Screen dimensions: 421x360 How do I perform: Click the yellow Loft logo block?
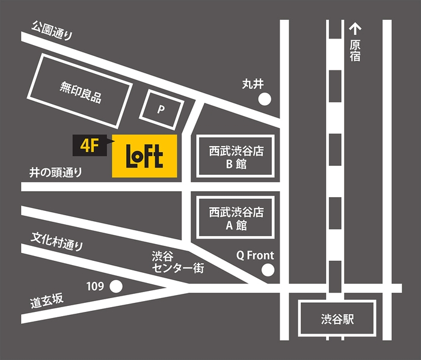point(144,156)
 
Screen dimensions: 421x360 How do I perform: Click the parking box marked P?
point(161,109)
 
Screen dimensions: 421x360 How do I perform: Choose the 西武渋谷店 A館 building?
point(237,219)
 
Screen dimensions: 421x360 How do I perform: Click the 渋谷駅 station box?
point(337,319)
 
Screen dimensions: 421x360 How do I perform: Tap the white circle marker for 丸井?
point(265,99)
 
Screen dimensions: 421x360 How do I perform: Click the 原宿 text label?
point(355,51)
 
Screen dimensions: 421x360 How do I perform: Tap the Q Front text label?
point(255,255)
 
